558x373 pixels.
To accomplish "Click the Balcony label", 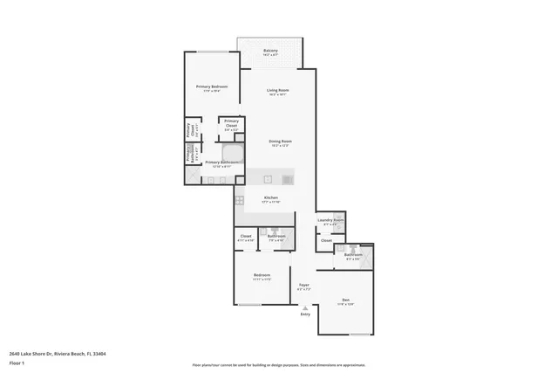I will pos(271,52).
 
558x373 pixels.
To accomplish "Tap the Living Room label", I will pos(277,91).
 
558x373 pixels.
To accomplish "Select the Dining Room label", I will pos(280,142).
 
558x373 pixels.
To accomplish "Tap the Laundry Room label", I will pos(330,220).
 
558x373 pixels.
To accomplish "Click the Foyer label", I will pos(304,286).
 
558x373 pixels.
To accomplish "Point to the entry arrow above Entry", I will pos(304,307).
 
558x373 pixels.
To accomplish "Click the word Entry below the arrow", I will pos(304,314).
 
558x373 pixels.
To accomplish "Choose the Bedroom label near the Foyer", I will pos(262,276).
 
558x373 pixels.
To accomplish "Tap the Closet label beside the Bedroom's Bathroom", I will pos(246,237).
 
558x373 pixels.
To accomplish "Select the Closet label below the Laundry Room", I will pos(326,239).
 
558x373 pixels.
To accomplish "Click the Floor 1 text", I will pos(17,362).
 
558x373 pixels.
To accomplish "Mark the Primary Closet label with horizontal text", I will pos(231,124).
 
